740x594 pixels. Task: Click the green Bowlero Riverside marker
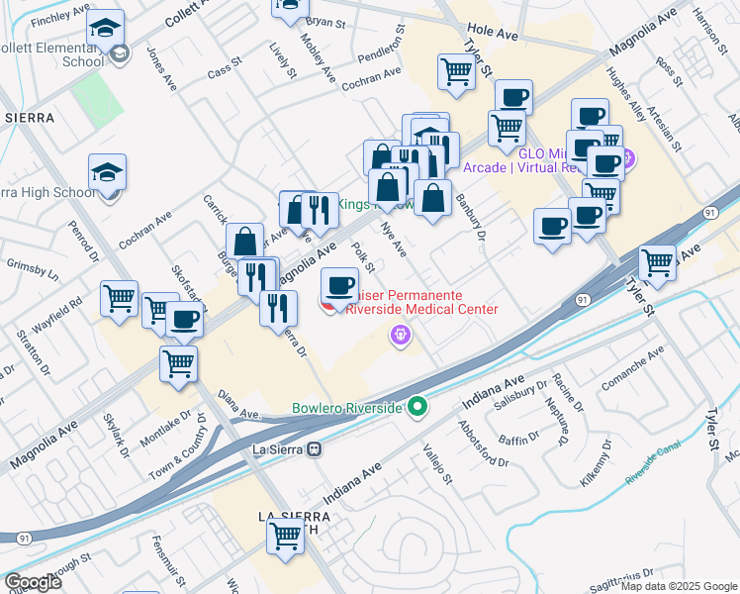(x=417, y=407)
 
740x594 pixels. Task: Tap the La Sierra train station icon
(x=315, y=448)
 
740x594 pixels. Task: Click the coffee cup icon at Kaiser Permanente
(x=339, y=287)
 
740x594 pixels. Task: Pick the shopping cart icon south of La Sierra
(x=286, y=537)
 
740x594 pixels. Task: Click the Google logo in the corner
(x=33, y=582)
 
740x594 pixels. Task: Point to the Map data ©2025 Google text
(x=679, y=586)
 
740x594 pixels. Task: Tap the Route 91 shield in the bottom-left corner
(x=23, y=537)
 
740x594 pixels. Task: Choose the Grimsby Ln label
(x=31, y=268)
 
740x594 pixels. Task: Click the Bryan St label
(x=326, y=21)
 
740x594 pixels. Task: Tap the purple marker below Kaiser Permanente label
(x=400, y=339)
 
